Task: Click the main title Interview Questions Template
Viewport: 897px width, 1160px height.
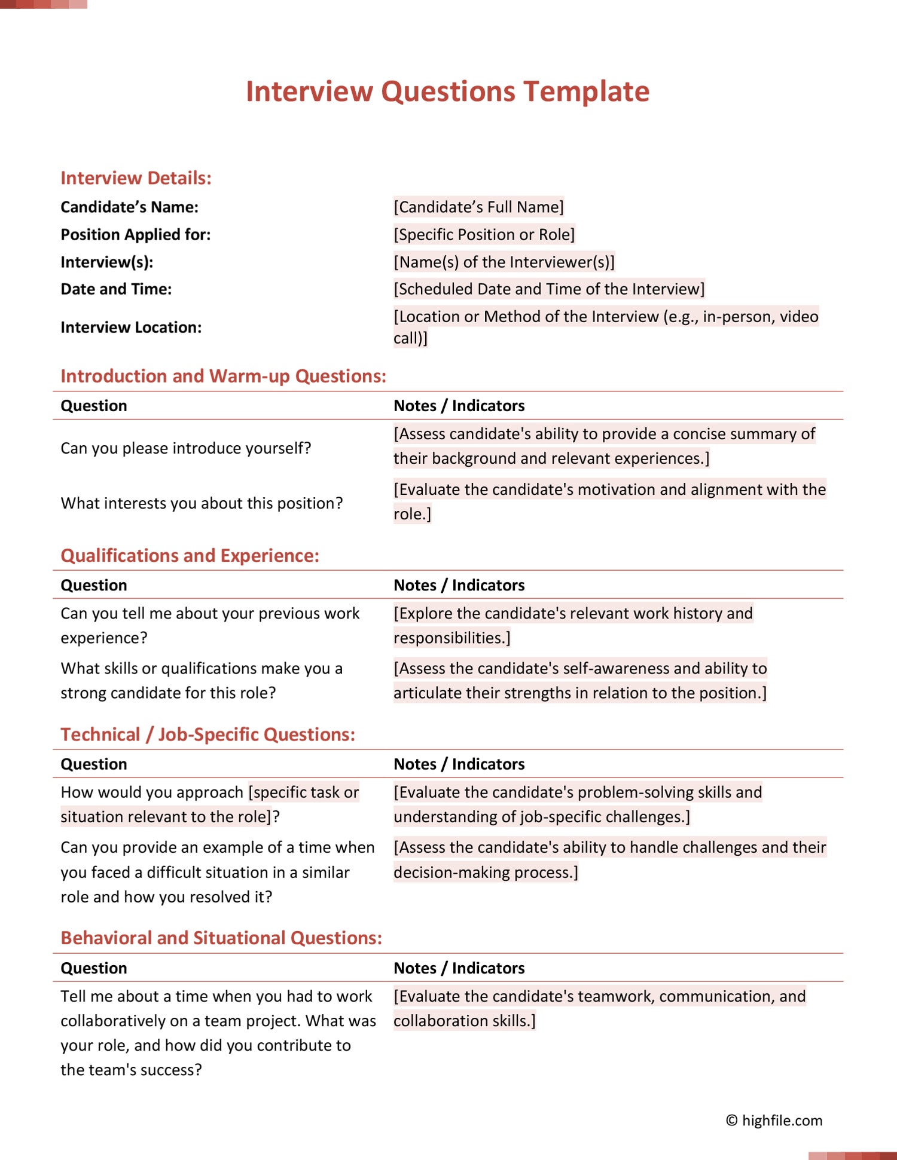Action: tap(447, 91)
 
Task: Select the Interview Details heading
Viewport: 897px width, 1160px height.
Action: tap(136, 178)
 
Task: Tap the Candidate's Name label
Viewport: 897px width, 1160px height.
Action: tap(129, 207)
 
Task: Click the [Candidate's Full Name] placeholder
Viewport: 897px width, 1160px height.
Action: tap(478, 207)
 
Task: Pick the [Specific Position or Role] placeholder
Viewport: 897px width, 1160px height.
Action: tap(484, 235)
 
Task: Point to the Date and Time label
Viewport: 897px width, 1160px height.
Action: tap(116, 289)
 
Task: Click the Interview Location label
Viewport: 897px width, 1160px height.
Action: tap(131, 328)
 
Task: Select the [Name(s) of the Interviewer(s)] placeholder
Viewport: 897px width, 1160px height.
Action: tap(504, 262)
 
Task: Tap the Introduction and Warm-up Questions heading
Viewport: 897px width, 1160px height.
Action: tap(223, 376)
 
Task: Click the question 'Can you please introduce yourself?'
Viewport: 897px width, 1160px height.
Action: tap(185, 448)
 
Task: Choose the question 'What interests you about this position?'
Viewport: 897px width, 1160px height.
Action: tap(202, 503)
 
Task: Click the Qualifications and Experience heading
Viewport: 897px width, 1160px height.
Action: tap(190, 556)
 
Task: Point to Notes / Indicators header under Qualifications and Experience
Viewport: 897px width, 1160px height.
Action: tap(459, 585)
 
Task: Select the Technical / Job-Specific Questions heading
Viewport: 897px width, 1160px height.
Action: tap(208, 734)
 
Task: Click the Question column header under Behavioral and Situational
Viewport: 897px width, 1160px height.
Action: tap(94, 968)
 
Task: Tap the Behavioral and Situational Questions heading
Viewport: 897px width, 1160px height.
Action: tap(221, 938)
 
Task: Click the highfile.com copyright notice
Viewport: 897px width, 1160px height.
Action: tap(774, 1121)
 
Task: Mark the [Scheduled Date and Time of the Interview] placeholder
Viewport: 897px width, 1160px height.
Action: tap(548, 289)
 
